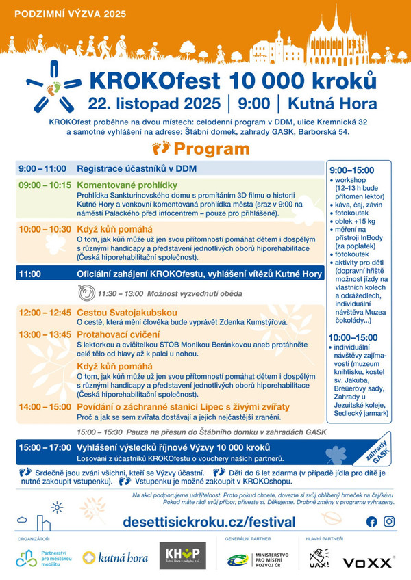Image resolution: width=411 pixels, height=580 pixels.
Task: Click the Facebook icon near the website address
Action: click(x=372, y=521)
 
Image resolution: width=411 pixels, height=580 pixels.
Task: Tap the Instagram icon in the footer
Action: click(x=389, y=521)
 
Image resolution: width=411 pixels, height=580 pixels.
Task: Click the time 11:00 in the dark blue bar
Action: click(x=31, y=274)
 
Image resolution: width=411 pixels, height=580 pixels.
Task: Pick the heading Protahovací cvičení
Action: click(x=118, y=334)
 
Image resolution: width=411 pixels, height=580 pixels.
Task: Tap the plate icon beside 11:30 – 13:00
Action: click(x=86, y=293)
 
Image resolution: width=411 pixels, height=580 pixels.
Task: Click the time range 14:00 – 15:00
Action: click(x=43, y=406)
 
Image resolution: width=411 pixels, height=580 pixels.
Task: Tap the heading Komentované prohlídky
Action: click(x=127, y=185)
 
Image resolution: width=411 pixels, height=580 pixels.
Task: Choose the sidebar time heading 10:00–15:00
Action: click(x=352, y=337)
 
